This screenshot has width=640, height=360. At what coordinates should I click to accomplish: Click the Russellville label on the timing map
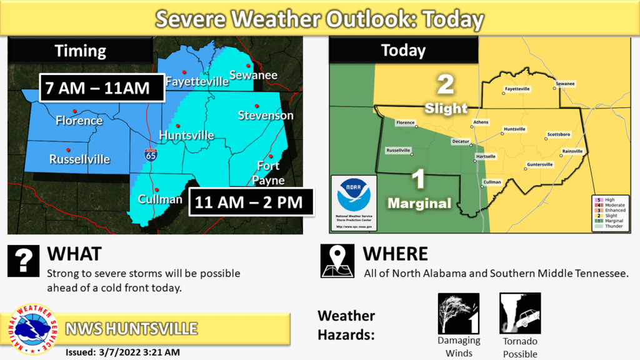point(79,159)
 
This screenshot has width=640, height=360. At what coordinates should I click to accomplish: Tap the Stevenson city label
point(266,116)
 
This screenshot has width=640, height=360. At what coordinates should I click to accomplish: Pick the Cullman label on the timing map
point(160,199)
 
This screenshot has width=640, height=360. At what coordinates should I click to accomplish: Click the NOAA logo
point(354,196)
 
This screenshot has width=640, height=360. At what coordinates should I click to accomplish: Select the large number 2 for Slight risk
point(445,85)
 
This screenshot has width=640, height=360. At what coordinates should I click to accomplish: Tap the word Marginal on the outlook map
point(419,203)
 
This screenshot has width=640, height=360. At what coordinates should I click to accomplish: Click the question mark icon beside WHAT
point(24,261)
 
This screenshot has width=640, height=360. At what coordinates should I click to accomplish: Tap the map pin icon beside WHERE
point(337,261)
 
